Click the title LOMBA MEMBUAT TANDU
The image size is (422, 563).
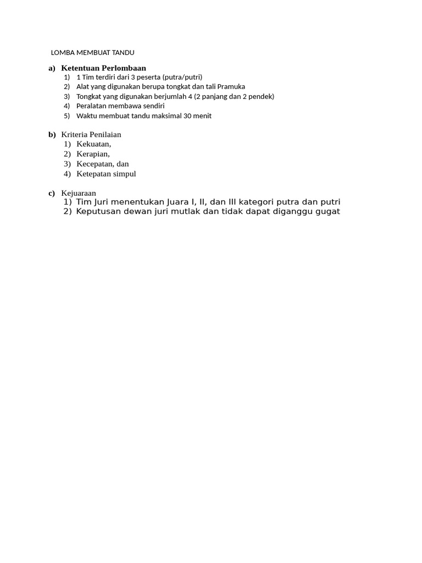[92, 53]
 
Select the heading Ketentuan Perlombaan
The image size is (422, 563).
[103, 68]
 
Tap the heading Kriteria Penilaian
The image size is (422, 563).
[91, 134]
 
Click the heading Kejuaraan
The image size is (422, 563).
[79, 193]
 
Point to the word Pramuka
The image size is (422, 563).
[231, 87]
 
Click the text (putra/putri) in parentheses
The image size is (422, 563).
[182, 77]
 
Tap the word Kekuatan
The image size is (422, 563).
[93, 144]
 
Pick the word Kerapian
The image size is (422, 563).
[93, 154]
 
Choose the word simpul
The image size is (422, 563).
[124, 174]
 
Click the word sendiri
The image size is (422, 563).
[151, 106]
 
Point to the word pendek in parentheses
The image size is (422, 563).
[261, 97]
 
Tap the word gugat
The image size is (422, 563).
[329, 212]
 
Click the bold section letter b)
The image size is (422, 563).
[52, 134]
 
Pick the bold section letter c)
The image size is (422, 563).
[52, 193]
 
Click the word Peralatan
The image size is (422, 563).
[92, 106]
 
